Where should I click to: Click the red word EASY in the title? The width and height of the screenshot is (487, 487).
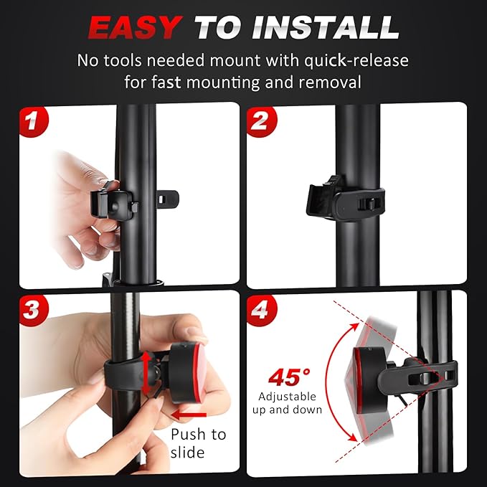click(x=136, y=27)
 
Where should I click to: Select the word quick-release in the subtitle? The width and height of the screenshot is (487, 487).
click(x=356, y=60)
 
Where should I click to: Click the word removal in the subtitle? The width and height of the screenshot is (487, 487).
click(x=330, y=82)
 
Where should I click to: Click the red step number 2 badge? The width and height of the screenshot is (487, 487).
click(x=261, y=121)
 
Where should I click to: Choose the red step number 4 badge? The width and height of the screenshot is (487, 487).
click(x=261, y=310)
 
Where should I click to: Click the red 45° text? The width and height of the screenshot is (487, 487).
click(x=289, y=377)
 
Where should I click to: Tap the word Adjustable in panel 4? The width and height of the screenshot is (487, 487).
click(x=287, y=397)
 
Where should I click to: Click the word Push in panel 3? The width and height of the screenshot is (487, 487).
click(x=189, y=435)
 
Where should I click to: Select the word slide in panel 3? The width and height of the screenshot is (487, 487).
click(x=188, y=452)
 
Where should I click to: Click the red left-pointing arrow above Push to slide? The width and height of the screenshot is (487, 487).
click(x=189, y=415)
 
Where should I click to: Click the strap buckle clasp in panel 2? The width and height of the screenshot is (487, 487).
click(x=367, y=204)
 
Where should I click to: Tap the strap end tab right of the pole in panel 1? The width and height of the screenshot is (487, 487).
click(x=168, y=199)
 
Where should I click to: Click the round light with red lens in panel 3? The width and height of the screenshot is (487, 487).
click(x=187, y=373)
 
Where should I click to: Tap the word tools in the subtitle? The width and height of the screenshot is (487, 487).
click(x=121, y=60)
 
